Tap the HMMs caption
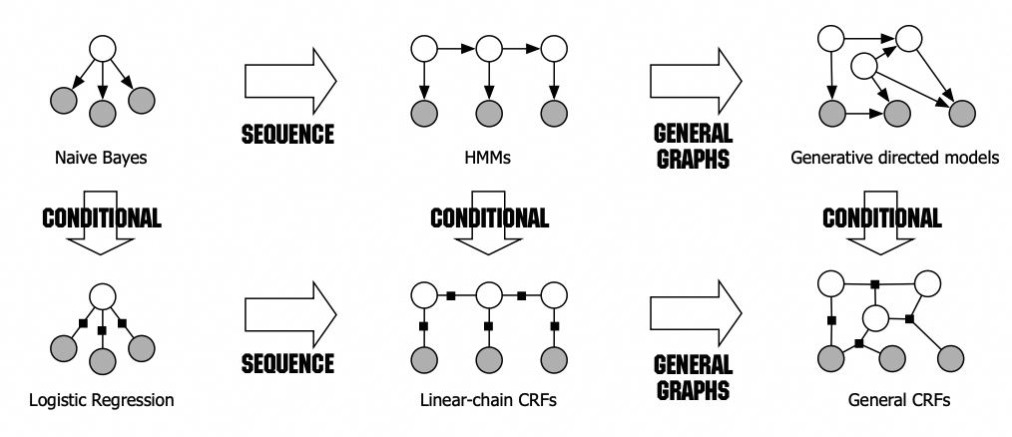pyautogui.click(x=487, y=157)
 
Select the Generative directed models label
pyautogui.click(x=893, y=157)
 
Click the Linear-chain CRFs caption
pyautogui.click(x=487, y=401)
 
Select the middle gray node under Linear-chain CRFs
pyautogui.click(x=488, y=359)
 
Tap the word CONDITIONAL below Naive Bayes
pyautogui.click(x=99, y=218)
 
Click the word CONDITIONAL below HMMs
pyautogui.click(x=487, y=218)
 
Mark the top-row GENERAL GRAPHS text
pyautogui.click(x=693, y=146)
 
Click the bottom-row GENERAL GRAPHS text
pyautogui.click(x=693, y=376)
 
